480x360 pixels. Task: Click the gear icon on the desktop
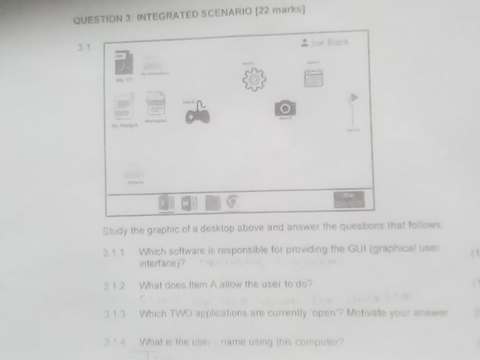click(x=254, y=79)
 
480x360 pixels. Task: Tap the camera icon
click(x=284, y=109)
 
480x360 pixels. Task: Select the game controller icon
click(x=197, y=113)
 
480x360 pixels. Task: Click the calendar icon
click(x=312, y=77)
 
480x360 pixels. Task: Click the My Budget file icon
click(x=124, y=109)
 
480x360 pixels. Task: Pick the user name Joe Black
click(x=331, y=42)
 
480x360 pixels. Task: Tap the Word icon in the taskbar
click(x=187, y=201)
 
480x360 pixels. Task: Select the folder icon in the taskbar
click(x=213, y=201)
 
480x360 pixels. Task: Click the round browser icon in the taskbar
click(x=233, y=200)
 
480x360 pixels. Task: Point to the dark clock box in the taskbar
click(x=349, y=199)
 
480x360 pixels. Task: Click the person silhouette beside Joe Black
click(x=304, y=43)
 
